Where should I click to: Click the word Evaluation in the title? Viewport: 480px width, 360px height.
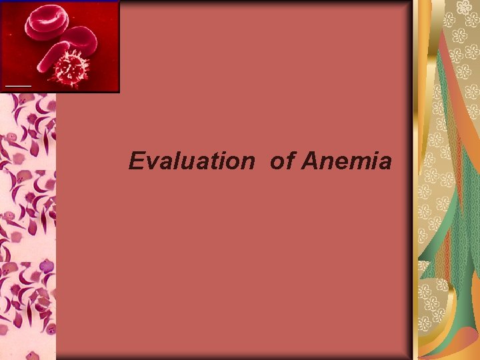coord(191,161)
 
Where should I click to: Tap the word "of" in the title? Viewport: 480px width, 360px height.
coord(283,161)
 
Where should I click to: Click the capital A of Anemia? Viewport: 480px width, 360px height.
coord(309,161)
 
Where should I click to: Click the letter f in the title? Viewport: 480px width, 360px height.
coord(291,160)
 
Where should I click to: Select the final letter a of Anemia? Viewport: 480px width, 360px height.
coord(383,163)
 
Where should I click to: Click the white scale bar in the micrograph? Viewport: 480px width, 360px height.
coord(18,87)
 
